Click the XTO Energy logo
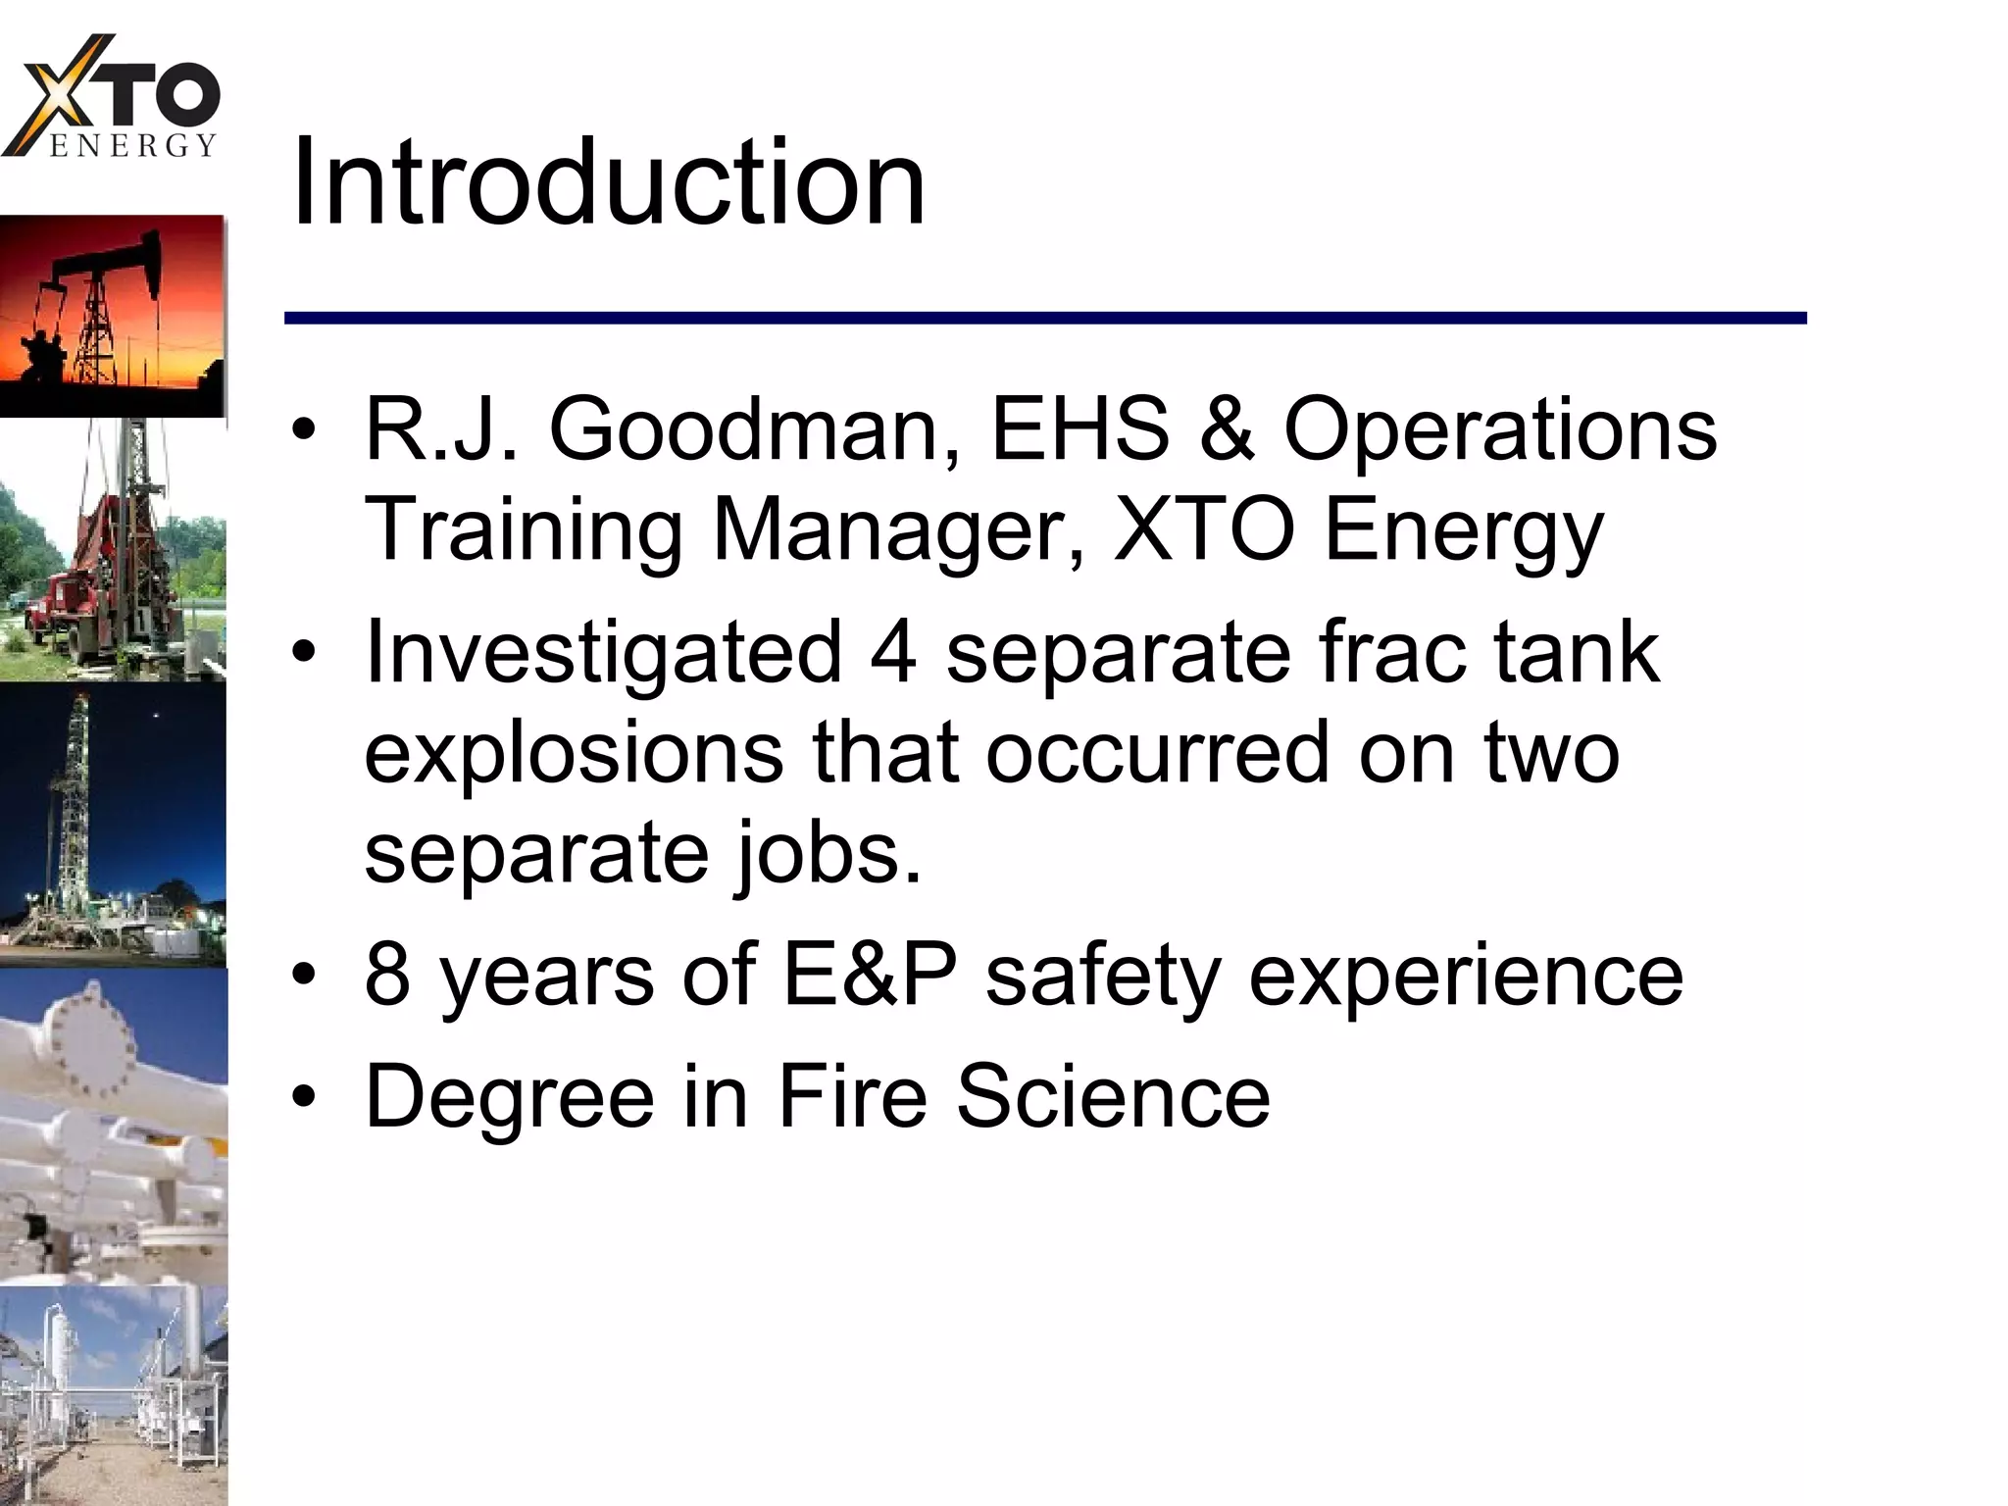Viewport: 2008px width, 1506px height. point(113,98)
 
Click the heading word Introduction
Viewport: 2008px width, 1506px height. point(608,183)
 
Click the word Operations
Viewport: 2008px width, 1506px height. point(1500,431)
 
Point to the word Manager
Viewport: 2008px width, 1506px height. point(898,530)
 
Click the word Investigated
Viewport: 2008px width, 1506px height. point(603,654)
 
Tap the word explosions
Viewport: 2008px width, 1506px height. point(574,754)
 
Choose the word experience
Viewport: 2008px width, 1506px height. point(1466,977)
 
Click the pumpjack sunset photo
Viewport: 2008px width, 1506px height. point(113,316)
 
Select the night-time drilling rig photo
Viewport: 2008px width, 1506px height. point(113,824)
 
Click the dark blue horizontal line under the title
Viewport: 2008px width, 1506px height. point(1044,318)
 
